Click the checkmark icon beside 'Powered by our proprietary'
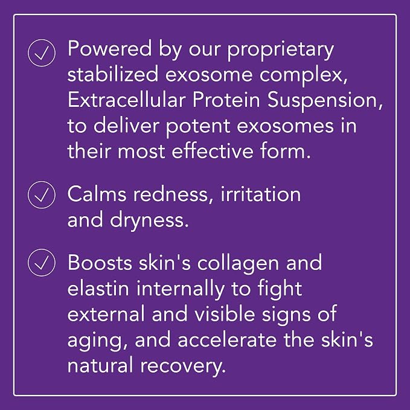[x=42, y=53]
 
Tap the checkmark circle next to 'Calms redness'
[x=42, y=195]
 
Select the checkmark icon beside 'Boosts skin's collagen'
[x=42, y=263]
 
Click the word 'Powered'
[x=109, y=48]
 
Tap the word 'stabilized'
[x=113, y=74]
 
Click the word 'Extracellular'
[x=127, y=100]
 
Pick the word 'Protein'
[x=226, y=100]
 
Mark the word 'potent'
[x=198, y=127]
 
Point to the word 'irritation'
[x=261, y=194]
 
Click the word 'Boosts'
[x=100, y=262]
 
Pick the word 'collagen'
[x=238, y=264]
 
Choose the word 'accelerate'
[x=227, y=339]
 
